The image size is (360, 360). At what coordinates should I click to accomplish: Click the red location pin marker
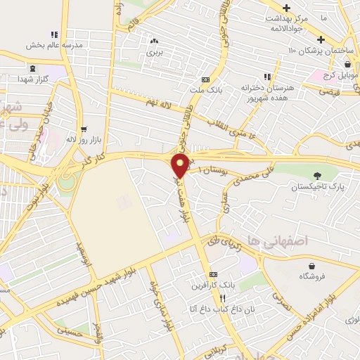[180, 166]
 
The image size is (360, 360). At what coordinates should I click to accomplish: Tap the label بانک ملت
[206, 89]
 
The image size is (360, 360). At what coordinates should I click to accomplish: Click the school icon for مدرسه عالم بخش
[53, 34]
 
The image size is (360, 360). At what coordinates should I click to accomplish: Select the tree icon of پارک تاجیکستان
[318, 176]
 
